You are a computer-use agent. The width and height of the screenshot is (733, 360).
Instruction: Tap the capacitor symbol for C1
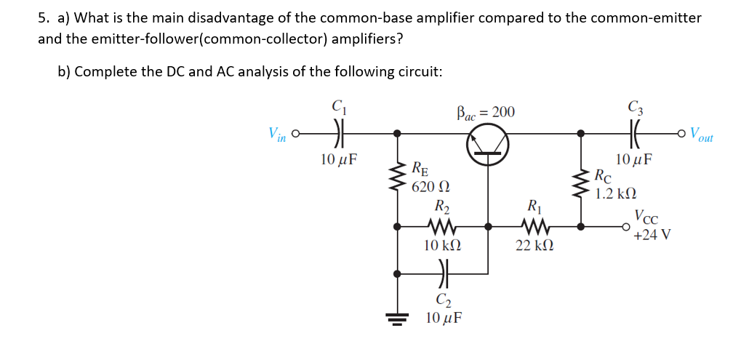[x=338, y=134]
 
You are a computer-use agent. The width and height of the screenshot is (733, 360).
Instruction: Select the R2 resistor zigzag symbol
[x=441, y=226]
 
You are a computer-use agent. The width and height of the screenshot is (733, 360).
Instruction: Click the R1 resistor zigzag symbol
[x=534, y=226]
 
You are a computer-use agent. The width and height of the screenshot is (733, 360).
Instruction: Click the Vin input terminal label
[x=276, y=135]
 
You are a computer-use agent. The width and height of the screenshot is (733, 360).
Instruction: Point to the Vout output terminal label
[x=702, y=135]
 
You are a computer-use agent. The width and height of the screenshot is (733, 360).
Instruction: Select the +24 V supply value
[x=652, y=235]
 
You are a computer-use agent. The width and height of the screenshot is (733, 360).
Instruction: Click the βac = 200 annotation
[x=485, y=112]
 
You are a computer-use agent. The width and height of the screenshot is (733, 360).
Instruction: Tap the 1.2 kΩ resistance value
[x=614, y=193]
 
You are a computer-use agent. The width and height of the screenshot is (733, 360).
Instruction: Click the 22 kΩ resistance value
[x=534, y=247]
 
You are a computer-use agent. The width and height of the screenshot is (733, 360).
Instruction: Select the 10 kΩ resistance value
[x=442, y=247]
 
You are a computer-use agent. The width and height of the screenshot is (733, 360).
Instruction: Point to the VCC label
[x=647, y=217]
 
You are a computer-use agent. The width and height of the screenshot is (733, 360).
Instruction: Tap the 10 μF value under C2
[x=443, y=318]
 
